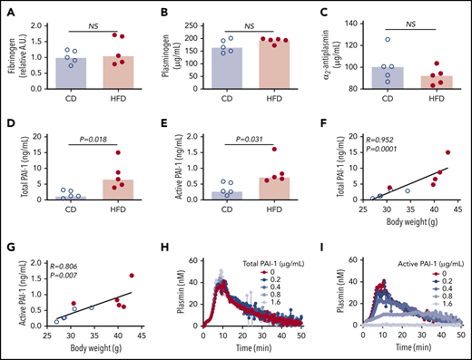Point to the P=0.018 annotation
pyautogui.click(x=93, y=141)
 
